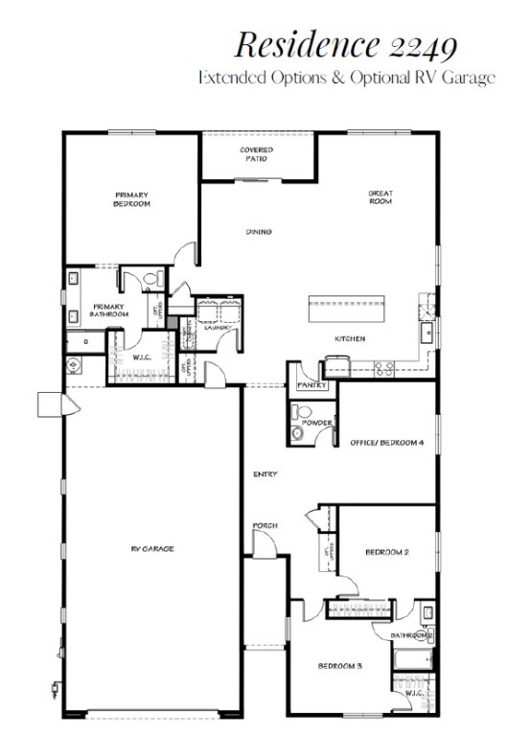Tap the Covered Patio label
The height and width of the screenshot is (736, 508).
(x=256, y=154)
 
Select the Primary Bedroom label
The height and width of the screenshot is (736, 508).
(x=130, y=199)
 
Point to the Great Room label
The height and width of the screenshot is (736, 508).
(x=381, y=197)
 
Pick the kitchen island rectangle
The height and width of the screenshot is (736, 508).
(x=346, y=310)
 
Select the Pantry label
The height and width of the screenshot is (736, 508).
(x=312, y=385)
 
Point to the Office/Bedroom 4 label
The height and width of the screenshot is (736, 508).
(x=386, y=443)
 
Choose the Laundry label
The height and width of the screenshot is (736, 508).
(x=218, y=327)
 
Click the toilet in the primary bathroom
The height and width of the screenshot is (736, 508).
(x=146, y=279)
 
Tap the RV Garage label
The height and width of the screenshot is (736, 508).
(x=152, y=549)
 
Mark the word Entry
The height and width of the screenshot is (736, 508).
(x=265, y=475)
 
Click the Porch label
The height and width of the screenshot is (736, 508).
(x=265, y=526)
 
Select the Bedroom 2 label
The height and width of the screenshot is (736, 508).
(x=388, y=552)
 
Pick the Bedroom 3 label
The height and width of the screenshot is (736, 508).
(x=339, y=666)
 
